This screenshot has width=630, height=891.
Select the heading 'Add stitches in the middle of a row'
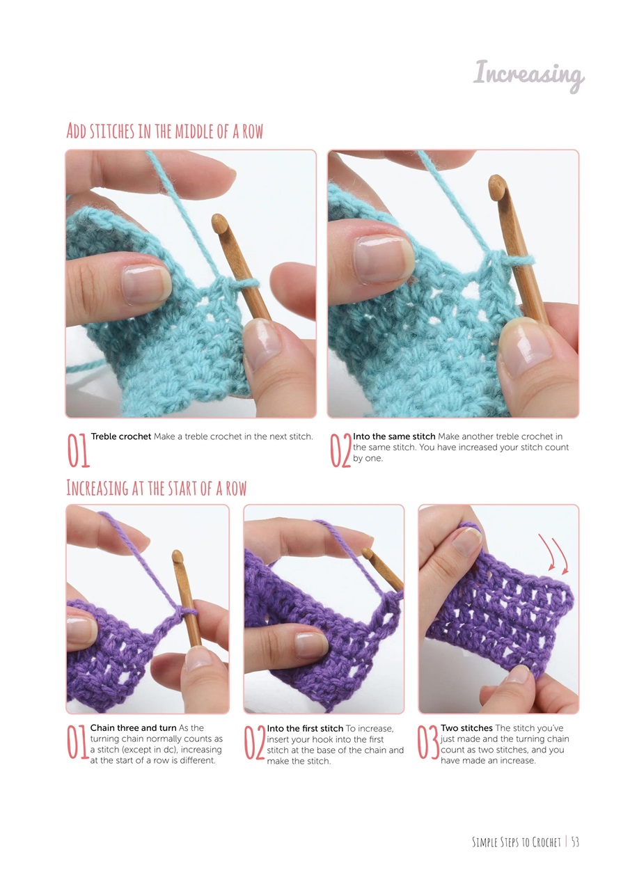tap(165, 131)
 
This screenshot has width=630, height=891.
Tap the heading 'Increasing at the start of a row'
tap(157, 488)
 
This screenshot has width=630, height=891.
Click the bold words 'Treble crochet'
tap(121, 436)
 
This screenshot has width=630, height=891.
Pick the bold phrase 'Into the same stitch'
tap(395, 436)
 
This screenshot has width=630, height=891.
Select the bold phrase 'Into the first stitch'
tap(305, 728)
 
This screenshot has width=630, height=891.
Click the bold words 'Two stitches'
tap(466, 728)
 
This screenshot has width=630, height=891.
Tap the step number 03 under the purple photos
tap(427, 743)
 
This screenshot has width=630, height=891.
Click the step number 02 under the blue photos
tap(340, 450)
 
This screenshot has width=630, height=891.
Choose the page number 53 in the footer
tap(575, 842)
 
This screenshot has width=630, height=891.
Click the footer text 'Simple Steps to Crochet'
tap(516, 842)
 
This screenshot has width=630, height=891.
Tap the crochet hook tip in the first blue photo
tap(219, 224)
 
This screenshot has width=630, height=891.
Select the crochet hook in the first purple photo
tap(184, 592)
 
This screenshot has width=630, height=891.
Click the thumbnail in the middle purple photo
tap(310, 644)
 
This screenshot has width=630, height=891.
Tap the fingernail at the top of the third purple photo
tap(467, 540)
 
